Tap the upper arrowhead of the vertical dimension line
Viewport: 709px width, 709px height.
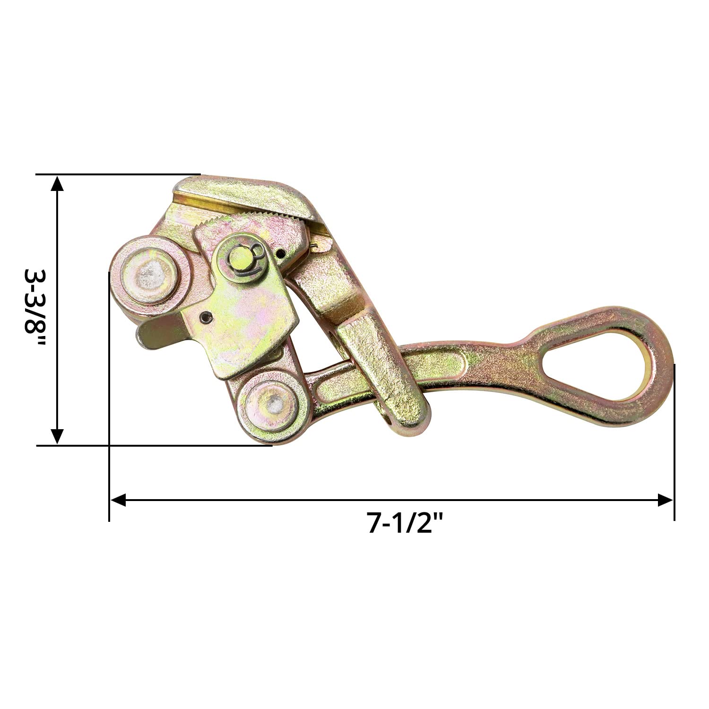pos(57,183)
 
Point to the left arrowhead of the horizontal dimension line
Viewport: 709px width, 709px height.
pos(118,500)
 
